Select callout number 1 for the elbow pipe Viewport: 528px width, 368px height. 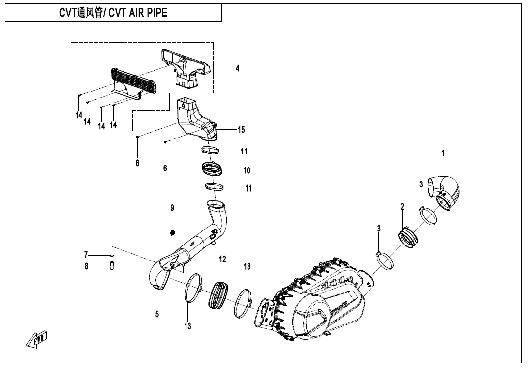(x=442, y=154)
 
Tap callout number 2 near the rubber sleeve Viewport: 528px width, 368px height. (x=402, y=207)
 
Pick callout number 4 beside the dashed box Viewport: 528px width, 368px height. (x=237, y=68)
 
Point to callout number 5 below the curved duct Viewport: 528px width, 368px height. (x=157, y=314)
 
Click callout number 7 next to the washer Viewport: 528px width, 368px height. (x=86, y=255)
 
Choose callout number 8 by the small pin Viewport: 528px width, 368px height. (x=86, y=265)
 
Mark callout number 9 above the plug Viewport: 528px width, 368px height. (x=172, y=208)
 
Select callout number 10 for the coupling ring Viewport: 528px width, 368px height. (x=247, y=170)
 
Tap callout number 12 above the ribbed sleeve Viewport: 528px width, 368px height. (x=222, y=260)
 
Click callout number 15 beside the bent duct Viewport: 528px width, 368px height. (x=241, y=130)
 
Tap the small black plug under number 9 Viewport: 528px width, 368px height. (x=172, y=233)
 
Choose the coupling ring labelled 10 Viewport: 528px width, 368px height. (x=212, y=169)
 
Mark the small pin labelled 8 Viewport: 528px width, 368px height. (x=112, y=266)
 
